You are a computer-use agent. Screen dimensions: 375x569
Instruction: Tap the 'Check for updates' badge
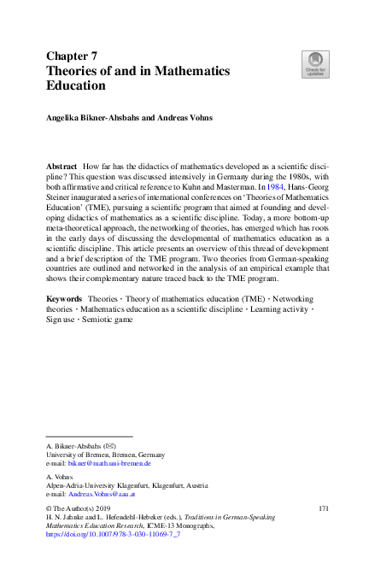tap(315, 64)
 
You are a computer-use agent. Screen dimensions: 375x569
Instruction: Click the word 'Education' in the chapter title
tap(76, 85)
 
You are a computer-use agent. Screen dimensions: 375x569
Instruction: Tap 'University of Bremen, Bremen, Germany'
tap(105, 455)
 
